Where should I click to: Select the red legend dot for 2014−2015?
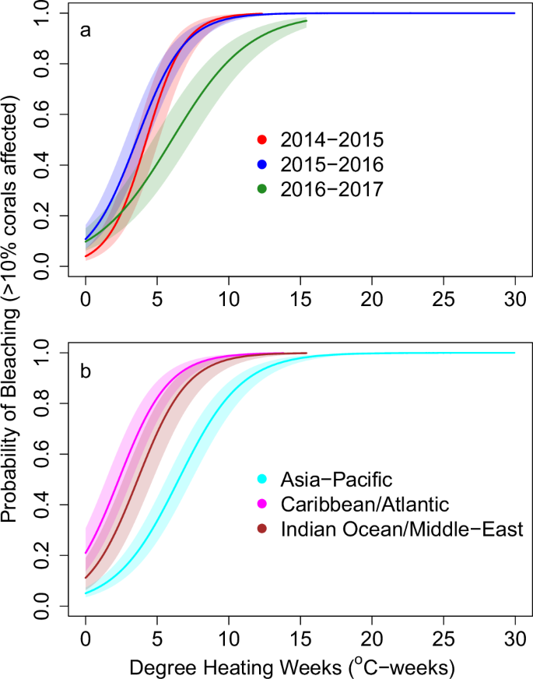point(262,140)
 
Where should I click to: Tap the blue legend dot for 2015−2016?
point(262,164)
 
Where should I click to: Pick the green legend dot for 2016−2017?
point(262,188)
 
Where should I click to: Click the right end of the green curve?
point(307,21)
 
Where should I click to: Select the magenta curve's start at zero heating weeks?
point(86,554)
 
